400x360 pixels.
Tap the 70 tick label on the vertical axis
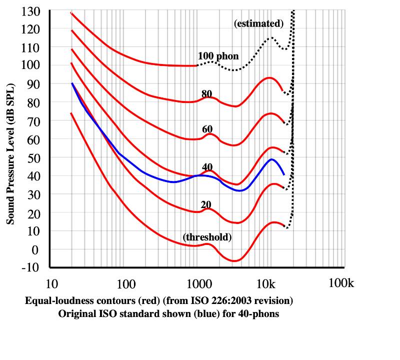33,120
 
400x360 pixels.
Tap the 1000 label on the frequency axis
198,284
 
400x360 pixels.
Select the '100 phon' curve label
218,55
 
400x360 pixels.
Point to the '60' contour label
207,129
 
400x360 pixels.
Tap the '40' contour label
207,166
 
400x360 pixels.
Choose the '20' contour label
206,204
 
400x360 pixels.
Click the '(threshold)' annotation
207,237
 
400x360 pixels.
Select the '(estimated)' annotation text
259,23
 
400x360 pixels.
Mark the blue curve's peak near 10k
271,159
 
